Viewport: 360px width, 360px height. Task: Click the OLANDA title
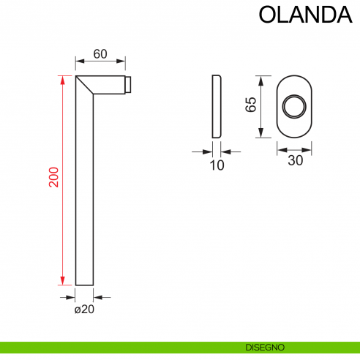[x=301, y=15]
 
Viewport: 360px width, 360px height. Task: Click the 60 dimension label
[x=100, y=53]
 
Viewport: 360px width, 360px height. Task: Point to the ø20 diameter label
[x=84, y=310]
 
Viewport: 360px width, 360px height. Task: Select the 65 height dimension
[x=252, y=105]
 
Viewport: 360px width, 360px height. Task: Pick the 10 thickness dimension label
[x=217, y=165]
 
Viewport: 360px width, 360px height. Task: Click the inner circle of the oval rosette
[x=294, y=105]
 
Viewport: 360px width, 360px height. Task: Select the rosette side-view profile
[x=216, y=106]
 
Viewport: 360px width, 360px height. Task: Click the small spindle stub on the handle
[x=129, y=85]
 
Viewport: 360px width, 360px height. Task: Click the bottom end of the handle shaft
[x=85, y=284]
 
